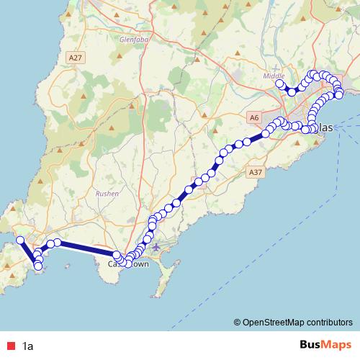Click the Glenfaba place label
pyautogui.click(x=117, y=40)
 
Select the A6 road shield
pyautogui.click(x=253, y=117)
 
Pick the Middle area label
pyautogui.click(x=274, y=76)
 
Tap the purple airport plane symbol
pyautogui.click(x=156, y=248)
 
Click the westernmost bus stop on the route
pyautogui.click(x=21, y=240)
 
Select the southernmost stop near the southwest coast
pyautogui.click(x=38, y=267)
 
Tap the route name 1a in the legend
pyautogui.click(x=28, y=346)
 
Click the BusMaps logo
pyautogui.click(x=325, y=346)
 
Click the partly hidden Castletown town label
pyautogui.click(x=129, y=264)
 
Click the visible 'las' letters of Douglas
pyautogui.click(x=325, y=127)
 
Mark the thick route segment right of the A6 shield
pyautogui.click(x=256, y=137)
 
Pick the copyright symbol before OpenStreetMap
pyautogui.click(x=237, y=323)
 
